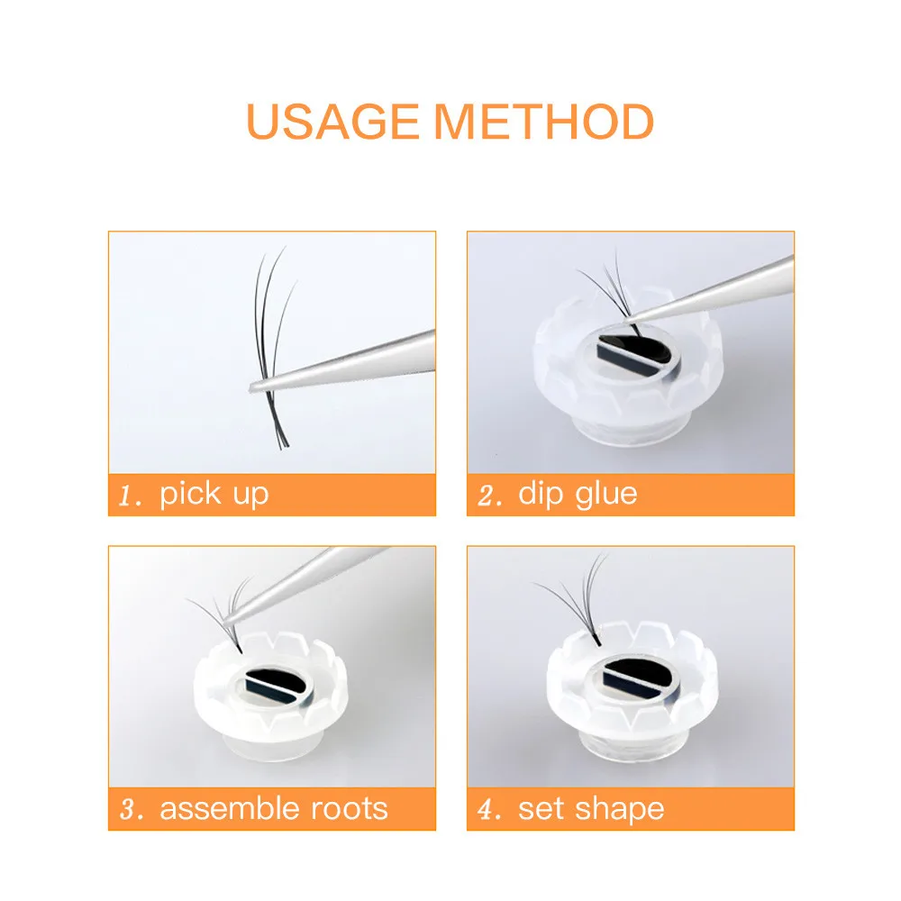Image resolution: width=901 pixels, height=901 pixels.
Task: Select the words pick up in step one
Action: pos(214,495)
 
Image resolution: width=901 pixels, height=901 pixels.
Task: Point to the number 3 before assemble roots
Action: pos(129,809)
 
